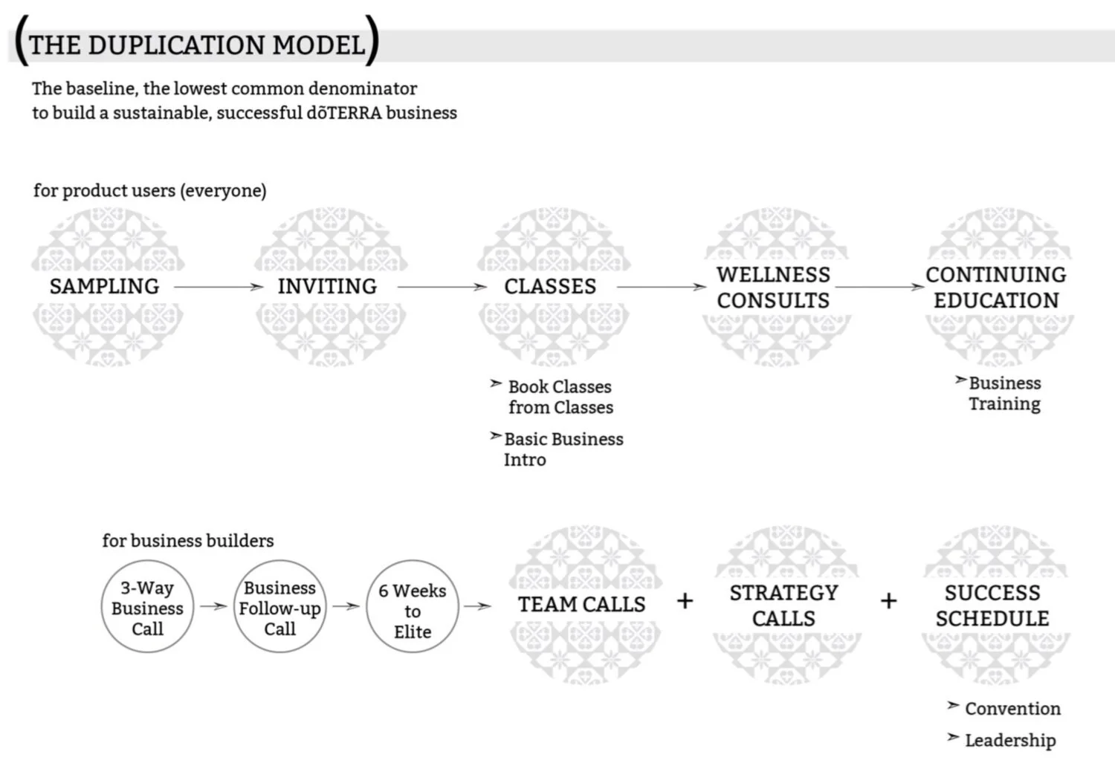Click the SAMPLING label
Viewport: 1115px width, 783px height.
pos(105,287)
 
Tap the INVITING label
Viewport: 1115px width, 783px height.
pos(328,287)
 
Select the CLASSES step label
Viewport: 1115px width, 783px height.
pos(550,287)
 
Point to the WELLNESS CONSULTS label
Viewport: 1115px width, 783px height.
pos(774,287)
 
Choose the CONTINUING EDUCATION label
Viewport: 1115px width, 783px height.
pos(996,287)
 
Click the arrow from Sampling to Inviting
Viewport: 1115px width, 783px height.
pos(219,287)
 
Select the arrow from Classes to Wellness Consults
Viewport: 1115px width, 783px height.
pos(662,287)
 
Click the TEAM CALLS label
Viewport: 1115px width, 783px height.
pos(582,605)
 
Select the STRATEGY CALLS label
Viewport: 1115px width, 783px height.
pos(784,605)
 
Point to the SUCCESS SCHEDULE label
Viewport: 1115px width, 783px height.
pos(992,605)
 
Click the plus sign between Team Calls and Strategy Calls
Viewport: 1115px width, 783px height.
pos(685,601)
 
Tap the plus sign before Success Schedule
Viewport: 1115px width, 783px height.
pos(888,601)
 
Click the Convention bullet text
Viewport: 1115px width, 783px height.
pos(1012,709)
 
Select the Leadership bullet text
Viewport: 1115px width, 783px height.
pos(1010,740)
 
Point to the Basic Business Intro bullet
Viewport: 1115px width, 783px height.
pos(563,449)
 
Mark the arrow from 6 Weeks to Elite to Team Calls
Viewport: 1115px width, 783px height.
pos(477,606)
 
